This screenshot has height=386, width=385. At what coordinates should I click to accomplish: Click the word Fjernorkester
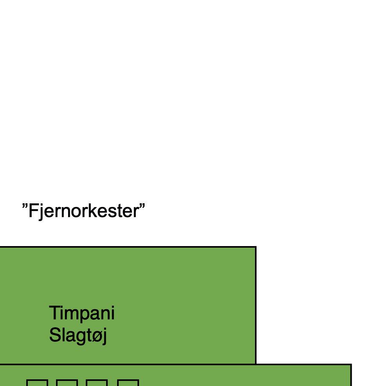point(83,211)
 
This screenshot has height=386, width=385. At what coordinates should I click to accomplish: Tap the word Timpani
point(81,313)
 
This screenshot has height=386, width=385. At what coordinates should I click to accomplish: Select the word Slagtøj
point(78,335)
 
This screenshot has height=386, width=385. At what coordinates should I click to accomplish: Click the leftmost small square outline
point(37,383)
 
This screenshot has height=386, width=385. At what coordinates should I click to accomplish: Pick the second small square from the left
point(67,383)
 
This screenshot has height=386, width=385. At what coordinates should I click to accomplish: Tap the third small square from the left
point(97,383)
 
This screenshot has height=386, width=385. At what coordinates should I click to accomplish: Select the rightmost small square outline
point(128,383)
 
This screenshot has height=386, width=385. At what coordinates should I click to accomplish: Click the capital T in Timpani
point(54,313)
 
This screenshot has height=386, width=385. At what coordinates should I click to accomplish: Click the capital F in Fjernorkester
point(33,211)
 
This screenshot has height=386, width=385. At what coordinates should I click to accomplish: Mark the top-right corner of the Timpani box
point(256,247)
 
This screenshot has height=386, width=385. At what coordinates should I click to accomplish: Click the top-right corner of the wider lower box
point(351,365)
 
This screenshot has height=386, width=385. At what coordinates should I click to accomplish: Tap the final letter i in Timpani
point(112,313)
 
